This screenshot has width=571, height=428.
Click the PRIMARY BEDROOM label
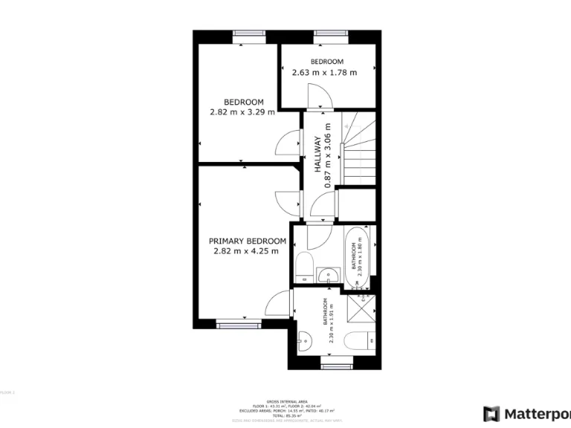click(x=247, y=241)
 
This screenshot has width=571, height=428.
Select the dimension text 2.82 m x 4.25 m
click(x=245, y=251)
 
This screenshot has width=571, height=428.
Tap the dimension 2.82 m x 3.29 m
click(x=244, y=113)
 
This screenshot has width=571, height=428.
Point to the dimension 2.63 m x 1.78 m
click(x=324, y=73)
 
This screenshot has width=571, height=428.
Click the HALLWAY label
click(x=317, y=155)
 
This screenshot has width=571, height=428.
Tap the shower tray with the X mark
click(x=364, y=307)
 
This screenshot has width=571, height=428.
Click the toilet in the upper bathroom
click(x=303, y=265)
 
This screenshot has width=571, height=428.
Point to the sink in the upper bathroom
click(x=327, y=276)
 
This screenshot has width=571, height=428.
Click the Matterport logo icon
click(x=491, y=414)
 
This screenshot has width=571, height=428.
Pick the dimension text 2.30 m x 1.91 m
click(x=332, y=320)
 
